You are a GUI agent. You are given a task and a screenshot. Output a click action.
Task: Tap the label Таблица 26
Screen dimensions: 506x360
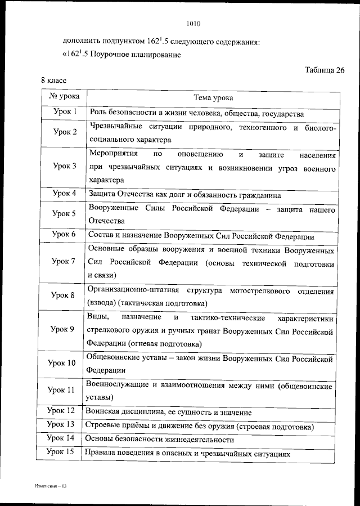325,70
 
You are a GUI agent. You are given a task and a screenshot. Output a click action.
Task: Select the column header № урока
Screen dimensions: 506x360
64,97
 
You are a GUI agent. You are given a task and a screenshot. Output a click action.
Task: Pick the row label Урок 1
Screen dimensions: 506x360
65,112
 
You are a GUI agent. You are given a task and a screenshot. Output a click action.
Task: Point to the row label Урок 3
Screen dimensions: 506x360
65,167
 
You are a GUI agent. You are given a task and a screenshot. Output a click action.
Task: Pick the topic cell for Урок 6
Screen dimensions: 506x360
201,235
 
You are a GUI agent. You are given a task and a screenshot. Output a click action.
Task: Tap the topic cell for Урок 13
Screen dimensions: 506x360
199,426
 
